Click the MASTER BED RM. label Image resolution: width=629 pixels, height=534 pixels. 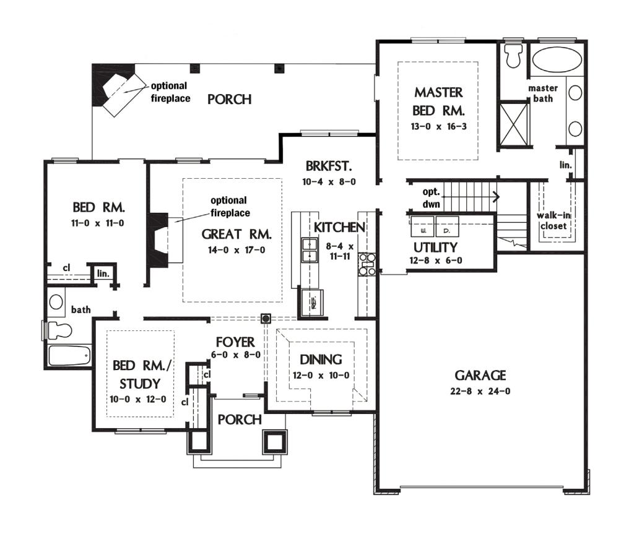(x=439, y=101)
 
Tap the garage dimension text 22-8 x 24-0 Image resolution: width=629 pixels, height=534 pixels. (x=480, y=391)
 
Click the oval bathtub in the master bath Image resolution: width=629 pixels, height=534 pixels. (x=557, y=60)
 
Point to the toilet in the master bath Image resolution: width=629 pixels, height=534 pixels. (x=513, y=56)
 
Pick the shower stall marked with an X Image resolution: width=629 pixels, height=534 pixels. (x=514, y=124)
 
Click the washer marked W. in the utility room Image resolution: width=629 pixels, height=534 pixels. (x=422, y=227)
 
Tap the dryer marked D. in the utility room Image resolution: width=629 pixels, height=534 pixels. (x=447, y=227)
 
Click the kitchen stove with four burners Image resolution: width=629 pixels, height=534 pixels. (x=367, y=264)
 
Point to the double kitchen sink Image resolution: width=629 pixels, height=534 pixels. (x=310, y=250)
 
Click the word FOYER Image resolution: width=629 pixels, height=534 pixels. (x=235, y=342)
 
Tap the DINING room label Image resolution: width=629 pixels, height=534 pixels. (x=321, y=360)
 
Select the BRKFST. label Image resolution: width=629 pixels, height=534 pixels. (x=329, y=166)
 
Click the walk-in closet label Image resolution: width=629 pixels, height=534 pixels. (x=553, y=220)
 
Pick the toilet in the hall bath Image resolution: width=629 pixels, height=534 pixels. (x=59, y=331)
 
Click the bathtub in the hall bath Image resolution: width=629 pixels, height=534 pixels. (x=69, y=355)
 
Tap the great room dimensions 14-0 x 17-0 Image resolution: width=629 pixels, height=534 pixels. (x=236, y=250)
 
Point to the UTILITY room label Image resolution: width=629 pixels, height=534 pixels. (x=435, y=247)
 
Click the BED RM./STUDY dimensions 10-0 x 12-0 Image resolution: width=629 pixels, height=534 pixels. (x=137, y=400)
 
